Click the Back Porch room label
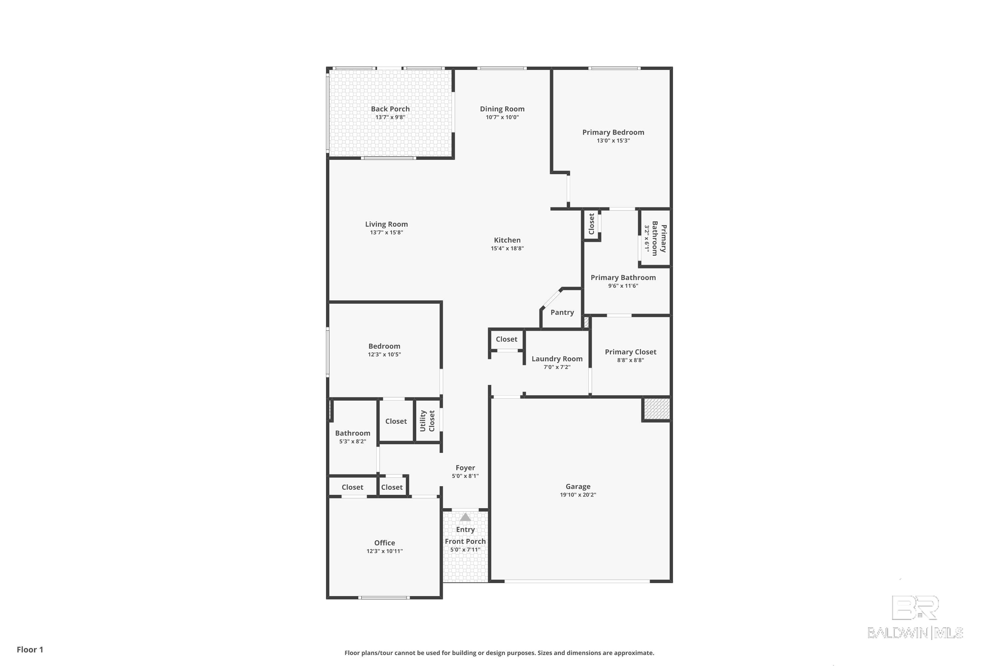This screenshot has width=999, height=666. pyautogui.click(x=390, y=109)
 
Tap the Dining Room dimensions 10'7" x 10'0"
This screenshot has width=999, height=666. pyautogui.click(x=502, y=117)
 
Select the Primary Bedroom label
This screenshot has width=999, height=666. pyautogui.click(x=613, y=133)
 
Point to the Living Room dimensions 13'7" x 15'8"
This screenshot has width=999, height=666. pyautogui.click(x=386, y=232)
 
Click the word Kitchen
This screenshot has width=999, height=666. pyautogui.click(x=507, y=240)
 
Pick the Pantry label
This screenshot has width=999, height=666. pyautogui.click(x=562, y=312)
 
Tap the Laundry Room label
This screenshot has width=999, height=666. pyautogui.click(x=557, y=359)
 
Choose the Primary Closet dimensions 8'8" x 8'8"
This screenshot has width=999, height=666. pyautogui.click(x=630, y=360)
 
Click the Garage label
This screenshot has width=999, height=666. pyautogui.click(x=578, y=486)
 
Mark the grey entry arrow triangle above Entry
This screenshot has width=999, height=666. pyautogui.click(x=466, y=517)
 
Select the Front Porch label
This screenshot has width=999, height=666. pyautogui.click(x=465, y=541)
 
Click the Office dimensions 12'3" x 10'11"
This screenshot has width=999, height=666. pyautogui.click(x=384, y=551)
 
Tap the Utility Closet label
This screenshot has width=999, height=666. pyautogui.click(x=427, y=421)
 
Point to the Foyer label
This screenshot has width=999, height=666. pyautogui.click(x=465, y=468)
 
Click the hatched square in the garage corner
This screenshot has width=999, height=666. pyautogui.click(x=657, y=409)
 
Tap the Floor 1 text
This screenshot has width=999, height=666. pyautogui.click(x=30, y=649)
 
